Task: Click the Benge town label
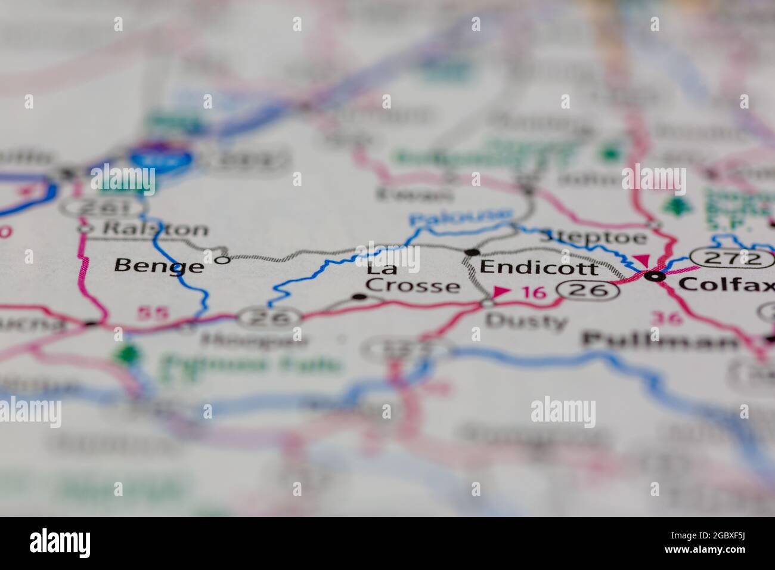point(158,265)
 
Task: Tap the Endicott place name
point(539,267)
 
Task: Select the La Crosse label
point(412,278)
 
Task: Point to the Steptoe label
point(593,237)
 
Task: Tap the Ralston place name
point(156,229)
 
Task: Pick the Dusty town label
point(526,321)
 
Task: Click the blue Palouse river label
point(461,216)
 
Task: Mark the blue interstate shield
point(162,158)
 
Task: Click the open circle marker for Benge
point(222,260)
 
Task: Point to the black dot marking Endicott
point(472,252)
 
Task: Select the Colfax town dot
point(656,276)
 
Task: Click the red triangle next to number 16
point(500,292)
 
